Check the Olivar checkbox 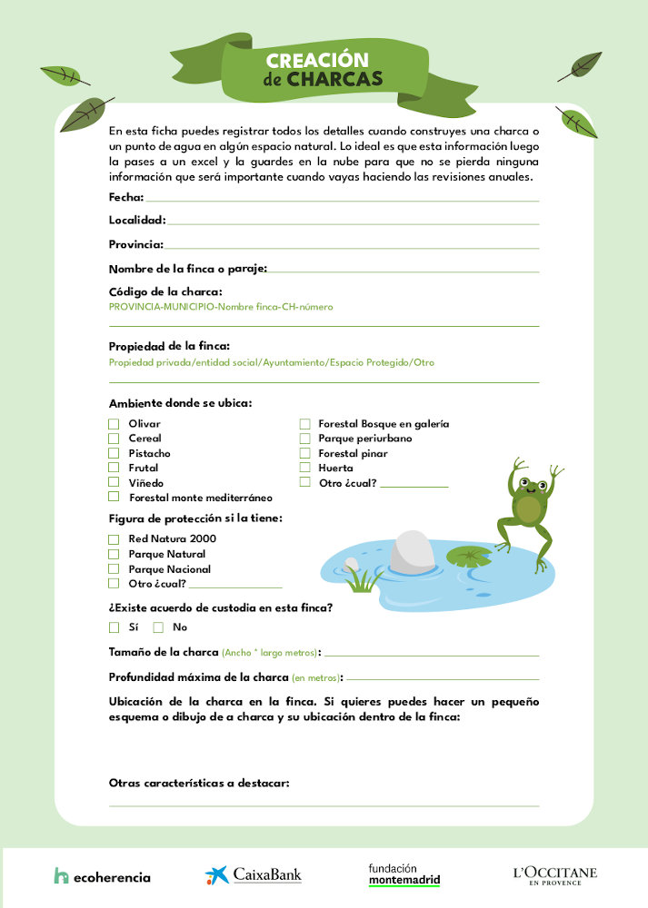(x=114, y=424)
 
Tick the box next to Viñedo (x=114, y=482)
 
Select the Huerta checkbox (x=305, y=468)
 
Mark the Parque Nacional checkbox (x=114, y=568)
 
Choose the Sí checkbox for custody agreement (x=114, y=627)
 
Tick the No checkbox (x=158, y=627)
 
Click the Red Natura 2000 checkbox (x=114, y=539)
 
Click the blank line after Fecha (x=342, y=198)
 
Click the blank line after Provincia (x=352, y=245)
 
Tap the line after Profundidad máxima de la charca (x=443, y=677)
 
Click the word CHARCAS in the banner (x=334, y=79)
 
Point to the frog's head (x=529, y=489)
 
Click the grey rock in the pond (x=412, y=552)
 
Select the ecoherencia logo (x=102, y=876)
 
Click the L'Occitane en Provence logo (x=554, y=874)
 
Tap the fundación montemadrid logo (x=404, y=874)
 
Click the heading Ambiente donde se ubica (x=180, y=403)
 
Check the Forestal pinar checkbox (x=305, y=453)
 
